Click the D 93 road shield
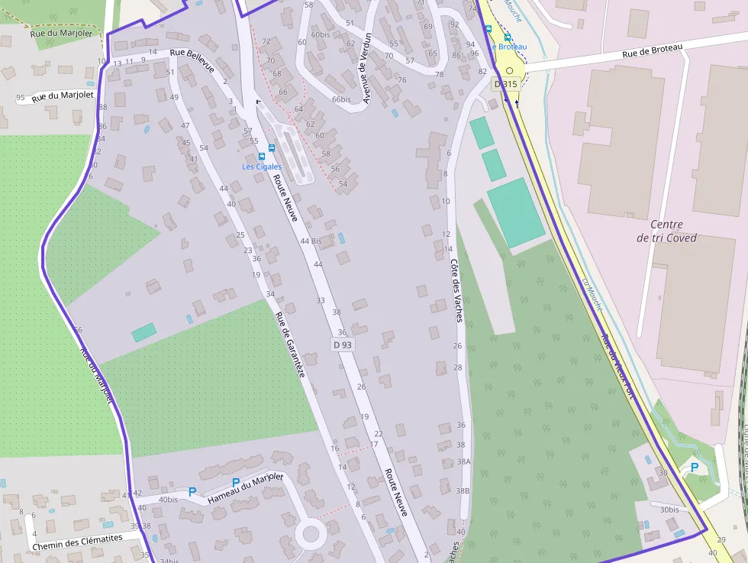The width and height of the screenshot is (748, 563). pos(343,345)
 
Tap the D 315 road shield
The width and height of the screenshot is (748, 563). pos(505,83)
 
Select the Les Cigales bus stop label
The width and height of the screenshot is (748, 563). pos(262,167)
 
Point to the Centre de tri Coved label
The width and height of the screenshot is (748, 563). pos(666,231)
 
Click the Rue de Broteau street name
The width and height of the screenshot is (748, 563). pos(652,50)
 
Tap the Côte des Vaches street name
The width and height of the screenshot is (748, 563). pos(456,290)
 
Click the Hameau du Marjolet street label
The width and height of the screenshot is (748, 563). pos(245,490)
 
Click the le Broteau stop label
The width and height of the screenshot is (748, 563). pos(509,47)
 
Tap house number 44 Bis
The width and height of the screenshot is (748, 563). pos(311,241)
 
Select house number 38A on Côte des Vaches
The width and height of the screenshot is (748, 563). pos(463,461)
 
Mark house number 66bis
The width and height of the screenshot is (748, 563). pos(341,99)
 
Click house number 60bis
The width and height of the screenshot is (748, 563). pos(321,34)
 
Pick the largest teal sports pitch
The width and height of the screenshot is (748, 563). pos(516,212)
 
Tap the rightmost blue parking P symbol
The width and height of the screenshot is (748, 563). pos(694,467)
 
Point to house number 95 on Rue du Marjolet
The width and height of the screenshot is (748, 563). pos(20,98)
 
